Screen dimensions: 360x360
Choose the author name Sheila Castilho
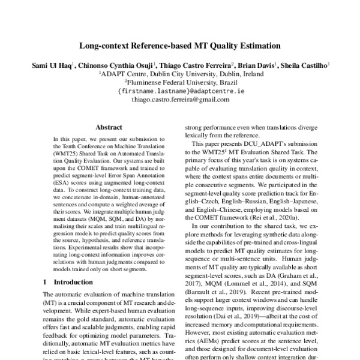(x=307, y=64)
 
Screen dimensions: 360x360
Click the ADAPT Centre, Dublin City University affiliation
(x=180, y=73)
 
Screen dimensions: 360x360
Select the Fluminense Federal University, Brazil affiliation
(x=180, y=82)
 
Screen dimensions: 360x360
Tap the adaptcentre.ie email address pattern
(x=180, y=91)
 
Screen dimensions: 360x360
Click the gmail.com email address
(x=180, y=100)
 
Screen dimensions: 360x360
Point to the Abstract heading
(x=109, y=127)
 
